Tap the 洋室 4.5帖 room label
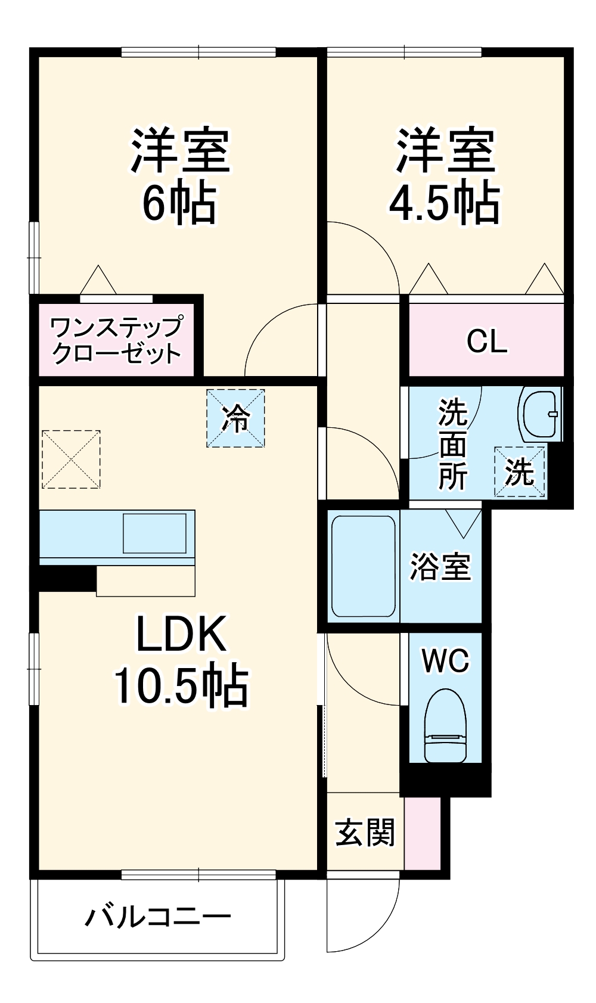pos(445,176)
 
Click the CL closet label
pos(487,341)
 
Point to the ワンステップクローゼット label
pos(116,340)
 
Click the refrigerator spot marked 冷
pos(235,418)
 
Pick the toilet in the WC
pos(445,726)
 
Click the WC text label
pos(445,660)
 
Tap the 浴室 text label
pos(440,566)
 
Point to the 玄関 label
pos(365,832)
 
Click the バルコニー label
pos(158,916)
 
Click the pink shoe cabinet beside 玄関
pos(423,833)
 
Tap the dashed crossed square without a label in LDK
pos(71,459)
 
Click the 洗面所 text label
pos(453,443)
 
